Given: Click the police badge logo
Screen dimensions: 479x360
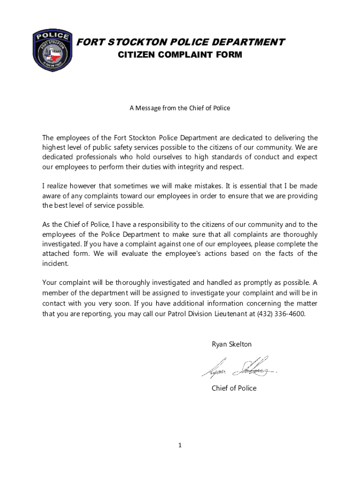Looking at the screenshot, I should (52, 50).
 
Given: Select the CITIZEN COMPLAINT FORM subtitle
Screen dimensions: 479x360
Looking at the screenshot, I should (180, 55).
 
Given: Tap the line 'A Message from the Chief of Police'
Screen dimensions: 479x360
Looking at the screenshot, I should (180, 108).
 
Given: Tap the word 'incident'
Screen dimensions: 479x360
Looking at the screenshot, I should (55, 263).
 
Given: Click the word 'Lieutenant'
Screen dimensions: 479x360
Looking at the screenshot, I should (219, 314).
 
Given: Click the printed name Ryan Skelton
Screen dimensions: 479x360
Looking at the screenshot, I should (231, 344).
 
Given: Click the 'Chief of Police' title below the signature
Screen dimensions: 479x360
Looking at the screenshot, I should (234, 388).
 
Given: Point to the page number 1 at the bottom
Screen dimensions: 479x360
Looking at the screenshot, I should (180, 446).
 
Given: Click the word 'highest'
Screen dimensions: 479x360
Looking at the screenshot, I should (55, 148).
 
